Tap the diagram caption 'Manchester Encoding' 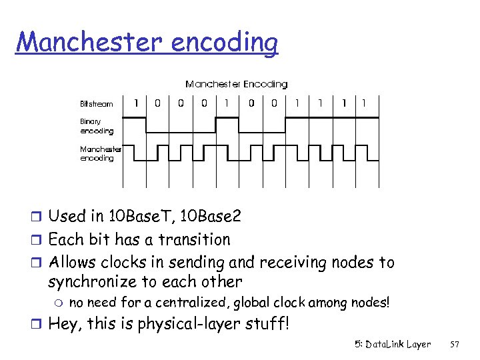[236, 84]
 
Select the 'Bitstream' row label [97, 104]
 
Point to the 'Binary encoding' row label [97, 127]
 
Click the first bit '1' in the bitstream [136, 103]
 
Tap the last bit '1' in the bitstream [363, 103]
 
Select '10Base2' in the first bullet [213, 217]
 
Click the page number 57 [455, 345]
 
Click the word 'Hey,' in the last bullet [65, 326]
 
